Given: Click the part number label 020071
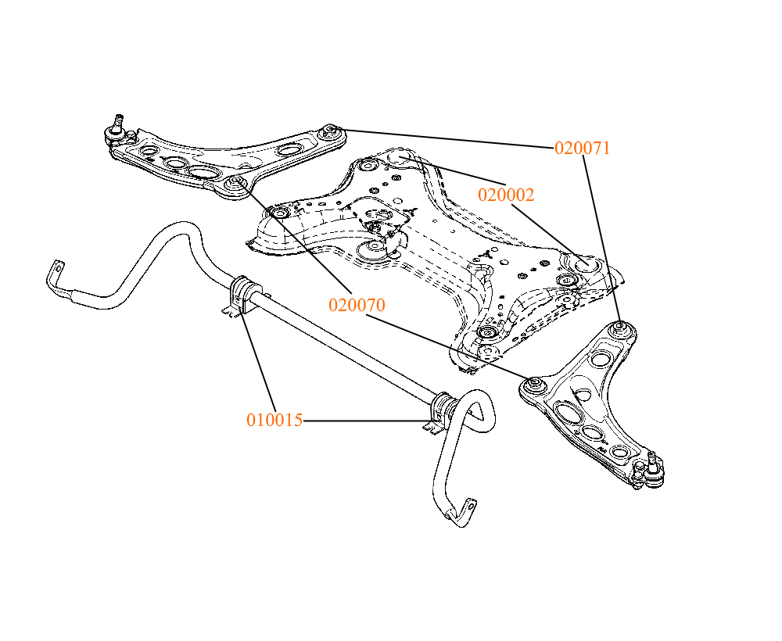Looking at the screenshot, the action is pos(582,148).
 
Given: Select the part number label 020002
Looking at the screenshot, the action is pos(506,195).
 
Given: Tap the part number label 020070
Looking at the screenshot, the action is pos(357,305).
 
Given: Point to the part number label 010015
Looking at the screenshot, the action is pos(274,420).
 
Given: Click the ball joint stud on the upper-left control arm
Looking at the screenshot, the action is pos(118,121).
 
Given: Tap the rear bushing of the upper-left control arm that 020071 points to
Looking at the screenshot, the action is pos(330,131).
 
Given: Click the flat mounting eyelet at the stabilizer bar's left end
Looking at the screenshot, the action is pos(57,268).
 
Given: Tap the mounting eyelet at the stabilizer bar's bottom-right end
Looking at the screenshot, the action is pos(468,507).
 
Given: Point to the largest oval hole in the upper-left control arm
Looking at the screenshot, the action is pos(203,173).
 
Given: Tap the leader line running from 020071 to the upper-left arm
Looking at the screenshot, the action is pos(447,140).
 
